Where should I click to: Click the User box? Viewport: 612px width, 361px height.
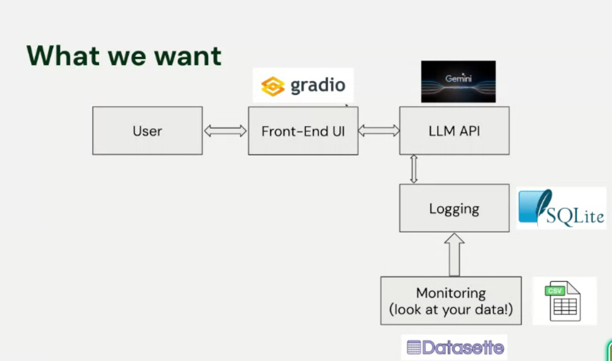pyautogui.click(x=147, y=131)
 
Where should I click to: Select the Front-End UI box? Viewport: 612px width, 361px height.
pyautogui.click(x=303, y=131)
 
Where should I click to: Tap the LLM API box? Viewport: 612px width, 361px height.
pyautogui.click(x=454, y=131)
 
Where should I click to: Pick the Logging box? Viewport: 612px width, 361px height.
pyautogui.click(x=454, y=208)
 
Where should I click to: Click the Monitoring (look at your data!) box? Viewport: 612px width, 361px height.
pyautogui.click(x=451, y=301)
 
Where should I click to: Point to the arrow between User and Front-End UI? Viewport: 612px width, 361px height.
pyautogui.click(x=225, y=131)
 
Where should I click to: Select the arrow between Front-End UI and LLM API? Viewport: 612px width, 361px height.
pyautogui.click(x=379, y=131)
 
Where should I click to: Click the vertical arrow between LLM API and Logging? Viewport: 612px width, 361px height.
pyautogui.click(x=414, y=169)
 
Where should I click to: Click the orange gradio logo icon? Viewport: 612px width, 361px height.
pyautogui.click(x=273, y=86)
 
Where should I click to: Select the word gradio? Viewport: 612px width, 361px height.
pyautogui.click(x=318, y=85)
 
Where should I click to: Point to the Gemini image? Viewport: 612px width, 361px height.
pyautogui.click(x=458, y=82)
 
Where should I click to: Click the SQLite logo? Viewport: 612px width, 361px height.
pyautogui.click(x=561, y=208)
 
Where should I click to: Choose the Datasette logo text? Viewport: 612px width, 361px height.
pyautogui.click(x=463, y=348)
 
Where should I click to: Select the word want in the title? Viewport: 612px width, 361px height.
pyautogui.click(x=187, y=56)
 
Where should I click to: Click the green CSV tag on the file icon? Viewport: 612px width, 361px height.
pyautogui.click(x=555, y=291)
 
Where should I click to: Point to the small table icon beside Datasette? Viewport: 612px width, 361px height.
pyautogui.click(x=414, y=347)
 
